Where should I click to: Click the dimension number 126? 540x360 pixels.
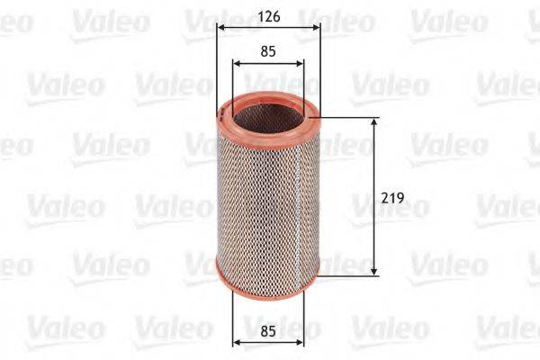click(267, 14)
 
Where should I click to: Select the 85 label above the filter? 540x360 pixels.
click(267, 51)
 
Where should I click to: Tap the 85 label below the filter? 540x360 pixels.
click(267, 330)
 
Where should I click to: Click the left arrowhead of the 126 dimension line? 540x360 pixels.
click(220, 27)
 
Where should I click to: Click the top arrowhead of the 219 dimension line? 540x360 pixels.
click(373, 121)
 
